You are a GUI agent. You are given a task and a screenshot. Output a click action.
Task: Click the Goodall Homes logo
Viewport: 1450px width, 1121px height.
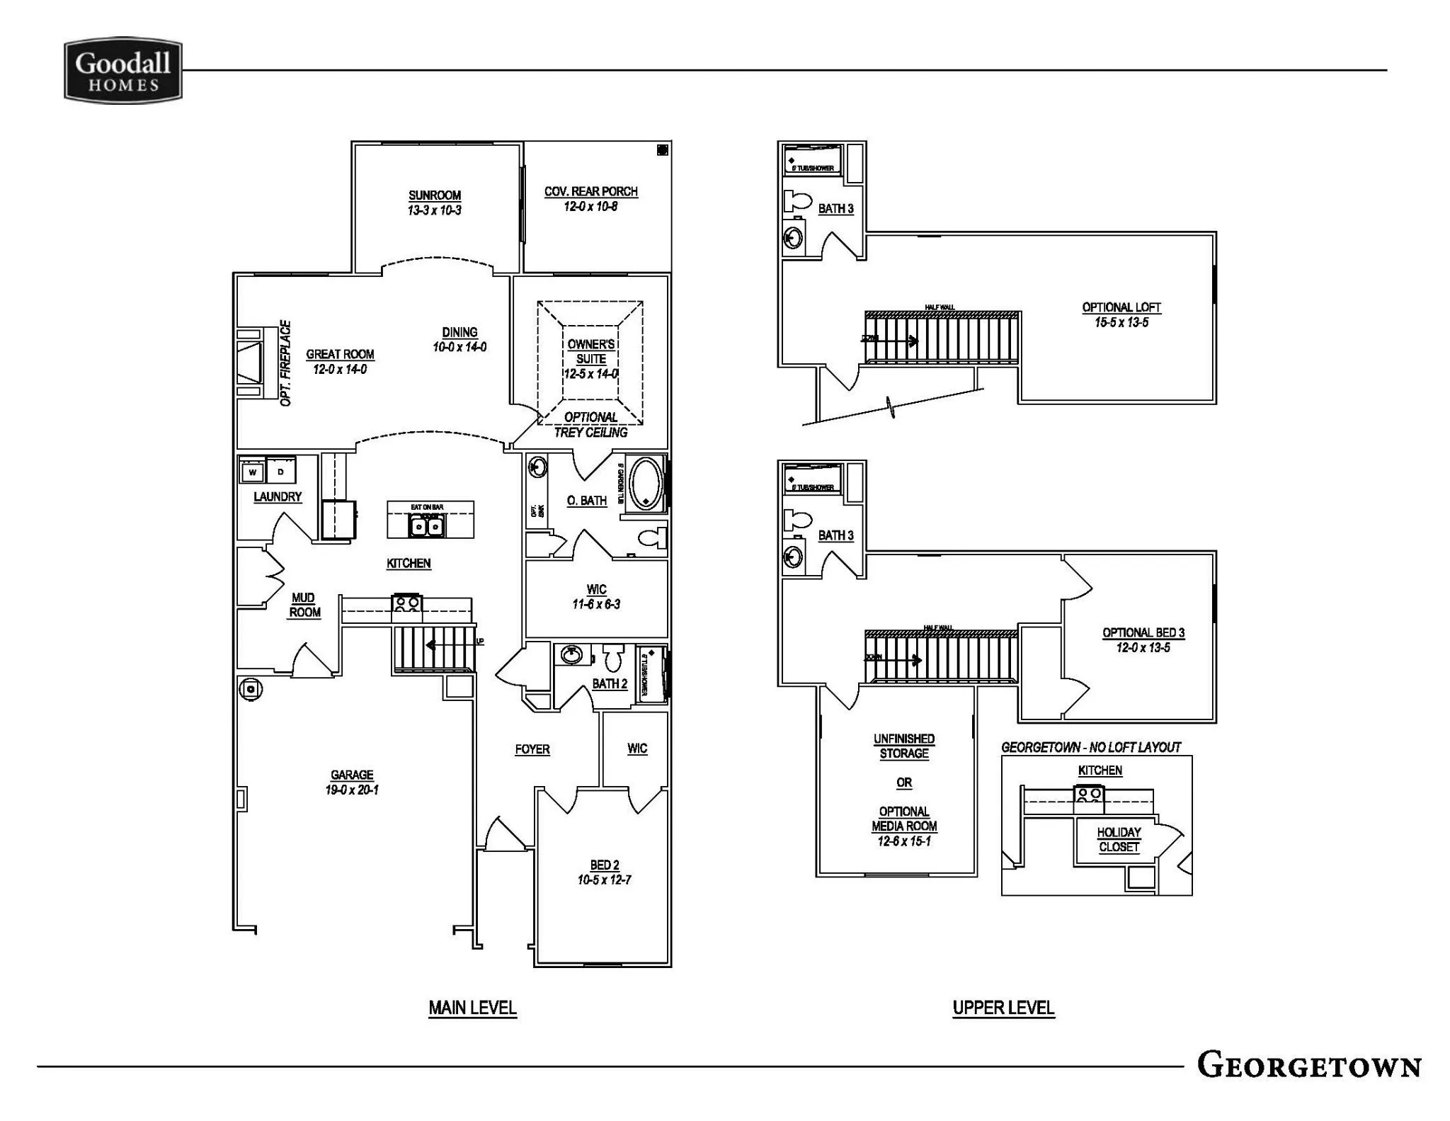[123, 71]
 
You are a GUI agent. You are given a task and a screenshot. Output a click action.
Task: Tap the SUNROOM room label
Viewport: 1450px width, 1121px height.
[435, 195]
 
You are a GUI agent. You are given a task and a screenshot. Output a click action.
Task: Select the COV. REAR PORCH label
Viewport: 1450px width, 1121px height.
[590, 192]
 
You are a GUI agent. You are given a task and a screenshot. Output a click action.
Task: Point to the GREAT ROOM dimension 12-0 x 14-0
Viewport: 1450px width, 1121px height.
[340, 370]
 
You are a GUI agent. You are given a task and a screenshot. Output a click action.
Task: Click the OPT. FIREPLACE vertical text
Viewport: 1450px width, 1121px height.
[285, 363]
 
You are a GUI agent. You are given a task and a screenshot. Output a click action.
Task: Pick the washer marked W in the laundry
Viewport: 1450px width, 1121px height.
[253, 472]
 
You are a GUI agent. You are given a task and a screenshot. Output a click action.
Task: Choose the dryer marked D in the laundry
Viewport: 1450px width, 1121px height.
[281, 472]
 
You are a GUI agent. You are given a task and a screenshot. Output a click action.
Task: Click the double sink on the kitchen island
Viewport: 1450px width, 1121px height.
[426, 526]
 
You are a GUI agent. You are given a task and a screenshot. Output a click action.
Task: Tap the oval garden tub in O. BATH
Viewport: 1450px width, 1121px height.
[645, 484]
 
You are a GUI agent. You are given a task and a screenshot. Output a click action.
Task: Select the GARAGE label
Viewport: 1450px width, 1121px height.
[352, 775]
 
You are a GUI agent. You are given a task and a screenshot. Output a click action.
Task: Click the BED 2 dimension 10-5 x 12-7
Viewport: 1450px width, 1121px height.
[604, 880]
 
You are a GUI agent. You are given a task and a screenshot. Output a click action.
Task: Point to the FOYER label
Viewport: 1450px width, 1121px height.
[532, 749]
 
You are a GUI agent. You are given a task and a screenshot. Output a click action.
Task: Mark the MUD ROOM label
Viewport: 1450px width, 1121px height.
[304, 605]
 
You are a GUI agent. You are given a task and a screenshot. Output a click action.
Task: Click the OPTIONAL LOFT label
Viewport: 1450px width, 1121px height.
[1121, 307]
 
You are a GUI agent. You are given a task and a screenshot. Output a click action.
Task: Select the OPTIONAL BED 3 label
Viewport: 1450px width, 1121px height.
[1143, 633]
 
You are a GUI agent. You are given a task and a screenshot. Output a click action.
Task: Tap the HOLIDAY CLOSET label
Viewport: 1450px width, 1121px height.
[1119, 840]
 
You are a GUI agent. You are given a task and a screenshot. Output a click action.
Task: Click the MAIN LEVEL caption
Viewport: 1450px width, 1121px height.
[473, 1008]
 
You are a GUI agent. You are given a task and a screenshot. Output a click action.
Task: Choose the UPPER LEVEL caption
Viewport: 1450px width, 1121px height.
[1003, 1008]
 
